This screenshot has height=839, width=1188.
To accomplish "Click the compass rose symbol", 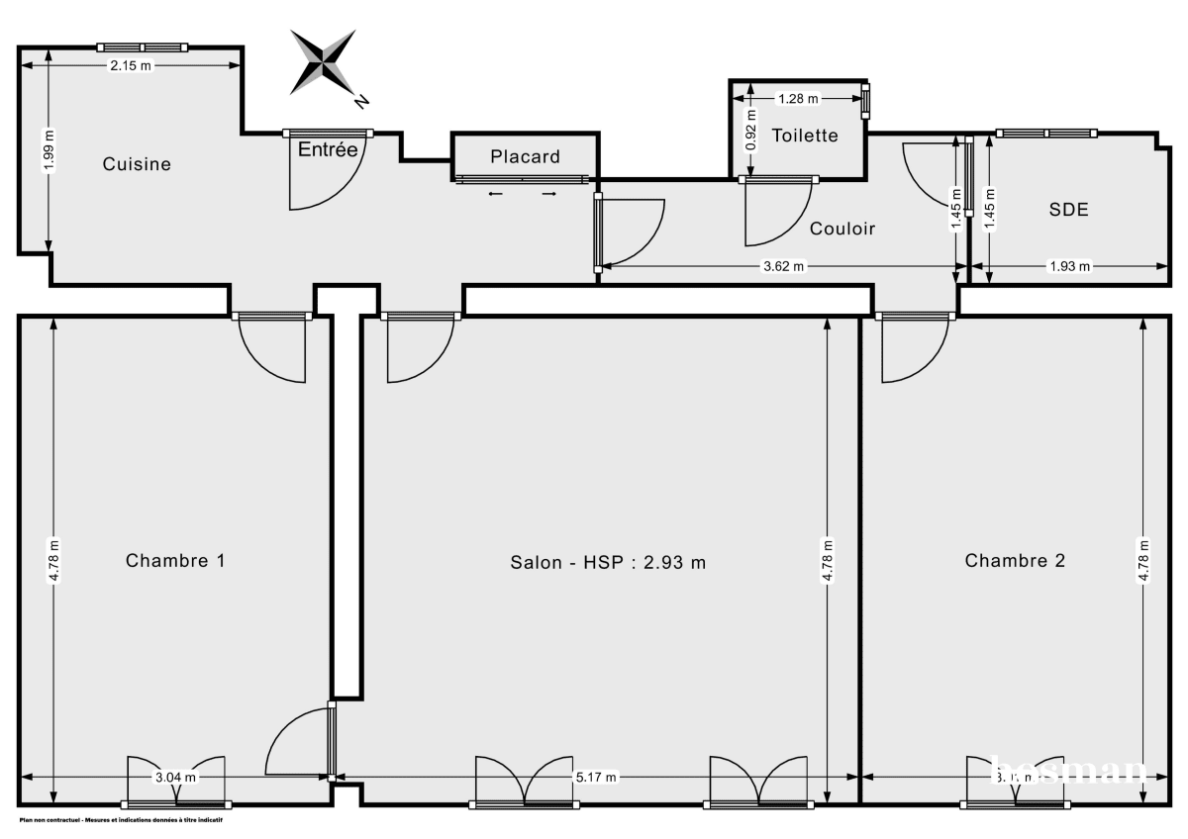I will pos(324,62).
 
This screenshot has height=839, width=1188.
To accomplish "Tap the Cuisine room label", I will pos(137,164).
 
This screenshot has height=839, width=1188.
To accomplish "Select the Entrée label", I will pos(328,150).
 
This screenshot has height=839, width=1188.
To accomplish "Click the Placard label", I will pos(525,156).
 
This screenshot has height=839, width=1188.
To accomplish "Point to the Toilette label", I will pos(805,136).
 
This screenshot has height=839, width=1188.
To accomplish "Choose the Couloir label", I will pos(842,229).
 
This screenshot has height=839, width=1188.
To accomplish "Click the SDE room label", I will pos(1068,210).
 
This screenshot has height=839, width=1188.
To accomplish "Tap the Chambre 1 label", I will pos(175,560).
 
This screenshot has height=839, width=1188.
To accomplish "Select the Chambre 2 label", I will pos(1015,560).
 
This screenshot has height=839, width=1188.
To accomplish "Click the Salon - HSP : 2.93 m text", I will pos(608,562).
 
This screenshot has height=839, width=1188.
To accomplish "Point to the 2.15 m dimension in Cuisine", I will pos(131,66).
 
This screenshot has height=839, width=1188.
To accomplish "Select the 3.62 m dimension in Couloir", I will pos(784,266).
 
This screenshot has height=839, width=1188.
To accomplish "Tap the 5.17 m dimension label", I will pos(597,778).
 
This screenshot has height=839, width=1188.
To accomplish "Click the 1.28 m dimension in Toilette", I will pos(798,98).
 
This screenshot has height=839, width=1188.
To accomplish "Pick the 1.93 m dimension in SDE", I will pos(1069,266).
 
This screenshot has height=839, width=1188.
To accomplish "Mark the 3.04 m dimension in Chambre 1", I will pos(175,778).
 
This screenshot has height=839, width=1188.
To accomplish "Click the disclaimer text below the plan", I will pos(120,820).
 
